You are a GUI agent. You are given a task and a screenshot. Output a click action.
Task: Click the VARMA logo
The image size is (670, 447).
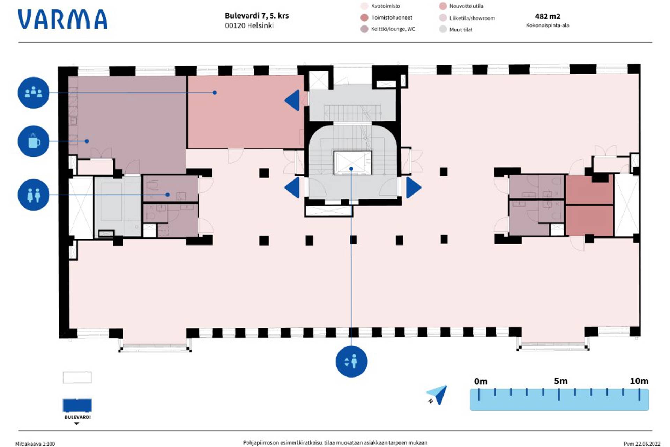tap(63, 19)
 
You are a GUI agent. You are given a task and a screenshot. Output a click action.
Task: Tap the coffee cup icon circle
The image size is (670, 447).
tap(33, 141)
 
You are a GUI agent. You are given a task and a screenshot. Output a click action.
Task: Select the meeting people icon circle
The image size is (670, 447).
tap(33, 93)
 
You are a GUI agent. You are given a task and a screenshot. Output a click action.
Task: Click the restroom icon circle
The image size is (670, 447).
tap(33, 195)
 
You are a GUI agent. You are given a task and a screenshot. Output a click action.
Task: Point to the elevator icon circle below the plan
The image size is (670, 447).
tap(351, 361)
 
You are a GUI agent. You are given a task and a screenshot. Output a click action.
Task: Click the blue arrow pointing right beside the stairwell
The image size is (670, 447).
tap(414, 188)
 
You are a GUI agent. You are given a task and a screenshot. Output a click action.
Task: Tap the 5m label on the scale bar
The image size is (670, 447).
tap(560, 381)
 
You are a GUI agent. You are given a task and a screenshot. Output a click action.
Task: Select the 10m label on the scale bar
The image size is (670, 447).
tap(639, 381)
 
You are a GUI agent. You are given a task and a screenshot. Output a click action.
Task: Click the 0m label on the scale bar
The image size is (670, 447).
tap(481, 381)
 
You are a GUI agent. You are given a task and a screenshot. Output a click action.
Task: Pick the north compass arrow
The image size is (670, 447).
tap(438, 395)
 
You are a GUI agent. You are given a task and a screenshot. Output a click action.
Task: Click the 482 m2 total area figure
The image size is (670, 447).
tap(548, 16)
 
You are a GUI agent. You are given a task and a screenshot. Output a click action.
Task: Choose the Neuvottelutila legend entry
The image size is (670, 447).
tap(466, 6)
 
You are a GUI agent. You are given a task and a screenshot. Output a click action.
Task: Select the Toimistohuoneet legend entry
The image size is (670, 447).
tap(391, 17)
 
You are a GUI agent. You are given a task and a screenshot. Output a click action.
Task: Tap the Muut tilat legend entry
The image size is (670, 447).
tap(461, 30)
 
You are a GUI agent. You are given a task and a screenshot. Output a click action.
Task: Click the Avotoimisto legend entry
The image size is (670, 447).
tap(385, 6)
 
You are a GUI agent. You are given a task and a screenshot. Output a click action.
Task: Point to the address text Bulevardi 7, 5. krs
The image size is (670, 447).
tap(256, 16)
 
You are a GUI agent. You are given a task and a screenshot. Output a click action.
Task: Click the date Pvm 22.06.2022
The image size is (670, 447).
tap(642, 444)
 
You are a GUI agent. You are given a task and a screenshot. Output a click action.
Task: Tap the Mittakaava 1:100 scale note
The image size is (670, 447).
tap(35, 444)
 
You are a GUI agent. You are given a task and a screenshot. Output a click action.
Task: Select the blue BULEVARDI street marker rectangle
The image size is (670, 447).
tap(77, 405)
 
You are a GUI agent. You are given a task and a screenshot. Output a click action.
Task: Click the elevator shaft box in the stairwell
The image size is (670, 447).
tap(352, 162)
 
